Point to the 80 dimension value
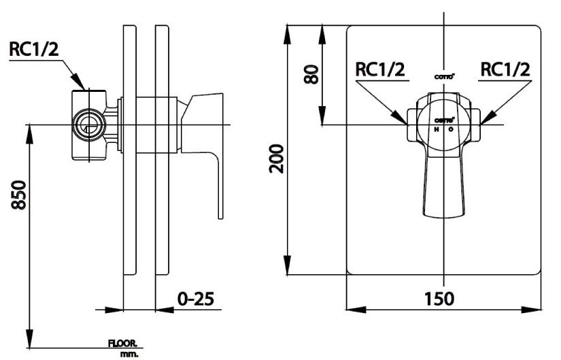point(311,73)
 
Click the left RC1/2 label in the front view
point(380,69)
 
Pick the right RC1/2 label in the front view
point(505,69)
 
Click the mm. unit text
point(129,353)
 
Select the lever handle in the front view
point(443,184)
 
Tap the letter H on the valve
point(436,129)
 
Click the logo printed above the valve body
point(443,76)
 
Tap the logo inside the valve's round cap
point(443,120)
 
